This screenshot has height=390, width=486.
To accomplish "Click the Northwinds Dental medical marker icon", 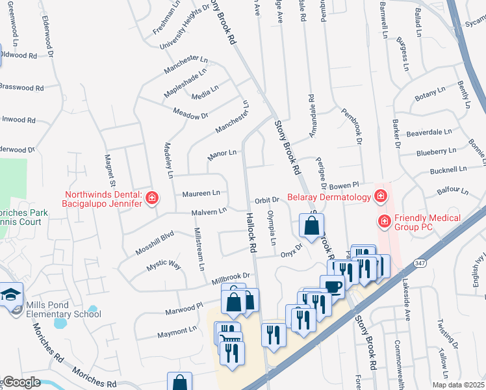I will pyautogui.click(x=152, y=198).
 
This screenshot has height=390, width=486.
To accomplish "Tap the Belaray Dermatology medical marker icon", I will pyautogui.click(x=379, y=196).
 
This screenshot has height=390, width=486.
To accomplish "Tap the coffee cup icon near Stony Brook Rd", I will pyautogui.click(x=332, y=287).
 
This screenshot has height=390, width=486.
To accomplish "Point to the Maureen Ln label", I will pyautogui.click(x=201, y=193).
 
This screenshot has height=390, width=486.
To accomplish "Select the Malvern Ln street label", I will pyautogui.click(x=209, y=211).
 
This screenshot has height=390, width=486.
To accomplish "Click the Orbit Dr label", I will pyautogui.click(x=266, y=200).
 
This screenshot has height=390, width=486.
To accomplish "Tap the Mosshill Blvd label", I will pyautogui.click(x=155, y=242).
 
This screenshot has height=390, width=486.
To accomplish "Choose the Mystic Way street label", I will pyautogui.click(x=163, y=266).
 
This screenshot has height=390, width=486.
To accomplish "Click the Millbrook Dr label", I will pyautogui.click(x=231, y=278).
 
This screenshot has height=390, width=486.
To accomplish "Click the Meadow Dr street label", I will pyautogui.click(x=190, y=113).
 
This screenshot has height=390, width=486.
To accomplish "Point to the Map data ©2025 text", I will pyautogui.click(x=459, y=385).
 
